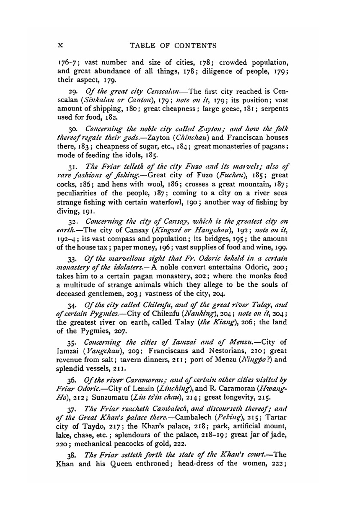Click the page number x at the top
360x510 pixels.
[60, 46]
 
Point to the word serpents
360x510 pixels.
[275, 109]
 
